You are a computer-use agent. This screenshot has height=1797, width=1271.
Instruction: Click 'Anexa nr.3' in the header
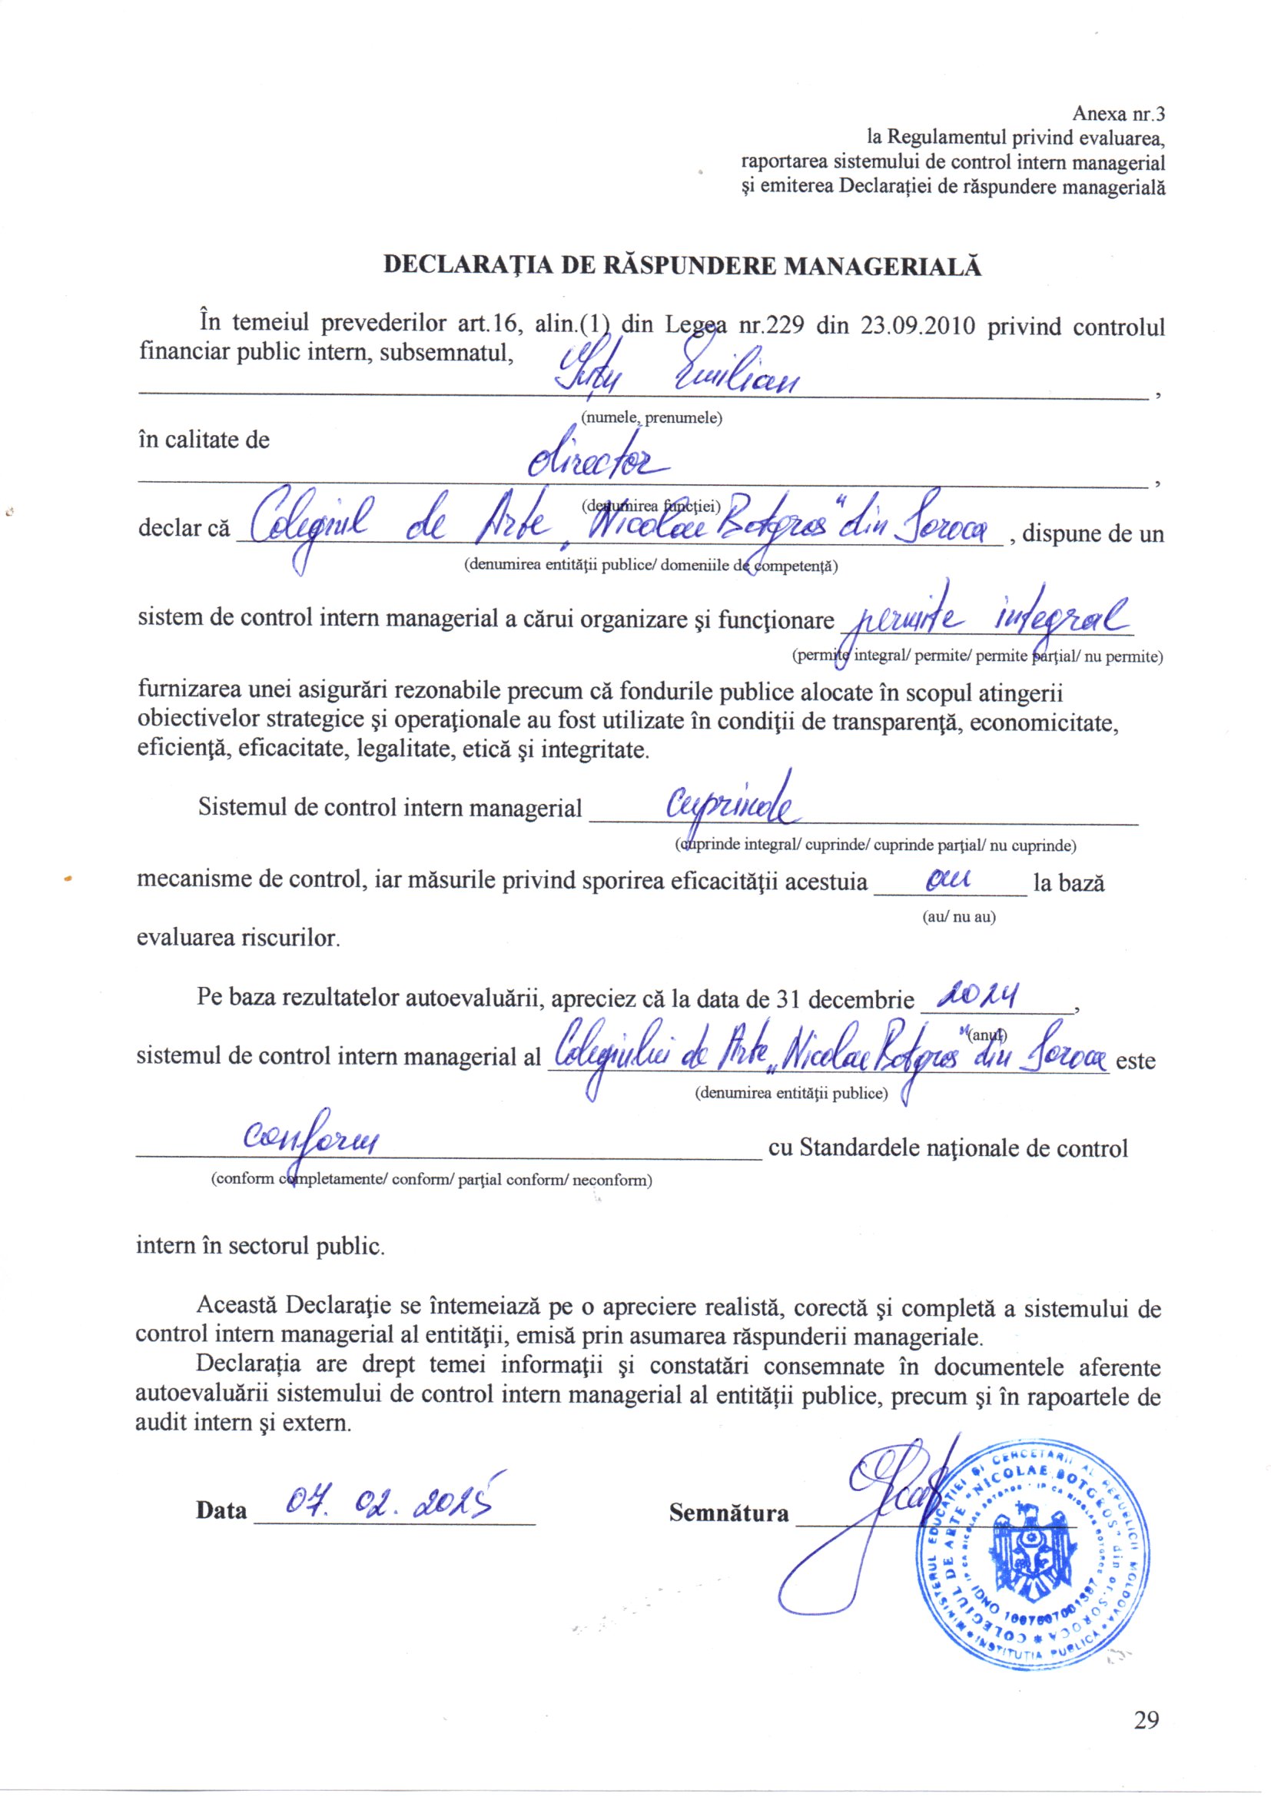(x=1118, y=115)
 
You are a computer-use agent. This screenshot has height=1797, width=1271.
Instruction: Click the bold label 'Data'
(x=221, y=1510)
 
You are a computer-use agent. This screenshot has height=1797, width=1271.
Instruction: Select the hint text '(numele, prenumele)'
(x=650, y=417)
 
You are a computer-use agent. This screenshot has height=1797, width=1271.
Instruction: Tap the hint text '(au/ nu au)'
(x=960, y=916)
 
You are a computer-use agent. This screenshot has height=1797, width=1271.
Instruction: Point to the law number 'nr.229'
(x=772, y=326)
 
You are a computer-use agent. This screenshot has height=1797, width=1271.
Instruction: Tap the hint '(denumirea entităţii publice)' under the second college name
(x=791, y=1094)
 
